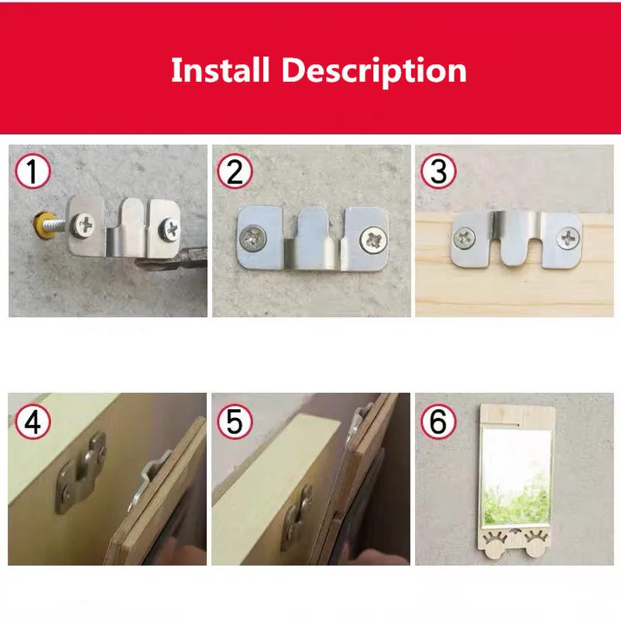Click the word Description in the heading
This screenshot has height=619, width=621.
point(374,71)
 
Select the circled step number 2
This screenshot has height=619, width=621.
point(235,172)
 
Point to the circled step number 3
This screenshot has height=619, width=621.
point(438,172)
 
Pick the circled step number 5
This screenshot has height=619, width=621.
point(235,422)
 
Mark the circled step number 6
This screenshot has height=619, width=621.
point(438,422)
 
